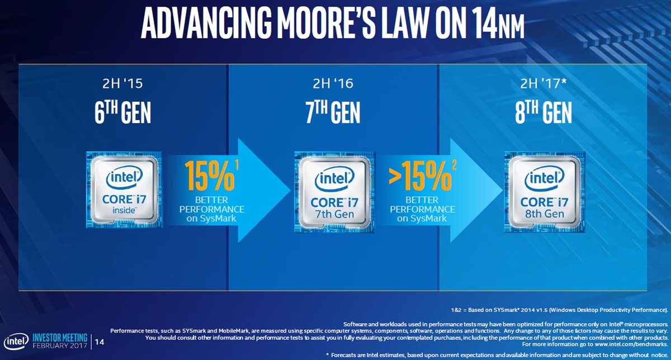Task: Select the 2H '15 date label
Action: [x=122, y=84]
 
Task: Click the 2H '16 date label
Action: [x=334, y=84]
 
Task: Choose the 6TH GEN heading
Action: [x=122, y=112]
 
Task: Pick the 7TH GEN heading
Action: [x=334, y=112]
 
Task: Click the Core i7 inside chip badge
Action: [x=123, y=189]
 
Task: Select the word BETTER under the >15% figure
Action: [x=422, y=199]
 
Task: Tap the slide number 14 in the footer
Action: [x=101, y=342]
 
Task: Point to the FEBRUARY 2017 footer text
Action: [x=60, y=345]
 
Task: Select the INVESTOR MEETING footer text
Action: [x=60, y=337]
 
